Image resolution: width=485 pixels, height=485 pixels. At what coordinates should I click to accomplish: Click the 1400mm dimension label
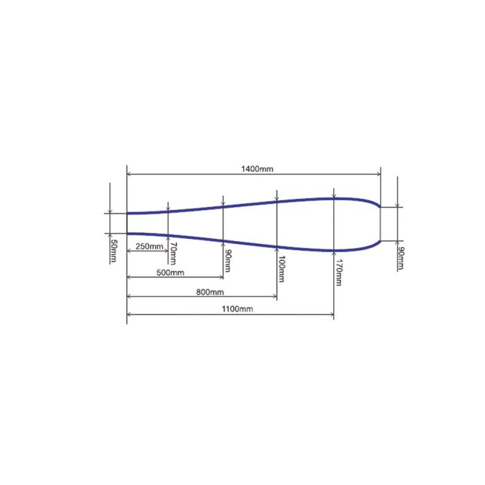coord(257,169)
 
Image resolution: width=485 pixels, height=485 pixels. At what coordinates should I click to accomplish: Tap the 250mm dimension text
coord(150,247)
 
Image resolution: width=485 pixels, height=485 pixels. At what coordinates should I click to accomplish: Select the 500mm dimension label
coord(170,272)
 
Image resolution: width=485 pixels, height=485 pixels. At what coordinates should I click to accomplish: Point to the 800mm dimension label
coord(210,292)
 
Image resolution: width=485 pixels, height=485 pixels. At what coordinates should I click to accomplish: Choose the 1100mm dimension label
coord(237,309)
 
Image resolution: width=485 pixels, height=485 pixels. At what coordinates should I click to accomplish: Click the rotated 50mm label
coord(114,251)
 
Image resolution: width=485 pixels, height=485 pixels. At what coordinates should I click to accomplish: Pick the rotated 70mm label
coord(173,254)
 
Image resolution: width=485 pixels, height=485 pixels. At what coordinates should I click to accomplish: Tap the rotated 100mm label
coord(281,269)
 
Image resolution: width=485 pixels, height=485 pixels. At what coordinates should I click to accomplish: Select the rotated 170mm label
coord(339,272)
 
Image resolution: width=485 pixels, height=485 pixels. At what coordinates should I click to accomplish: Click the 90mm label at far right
coord(401,258)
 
